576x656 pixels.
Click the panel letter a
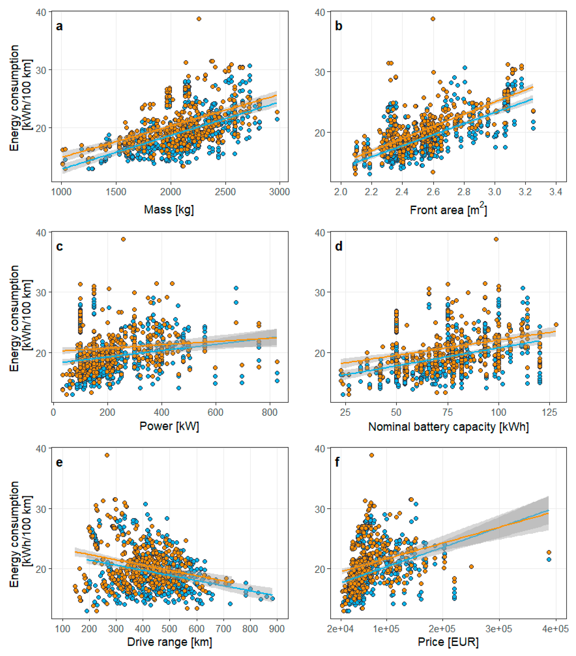59,26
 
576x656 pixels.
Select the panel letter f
337,462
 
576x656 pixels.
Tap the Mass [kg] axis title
169,210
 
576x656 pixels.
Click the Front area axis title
448,210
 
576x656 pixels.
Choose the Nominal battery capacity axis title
448,427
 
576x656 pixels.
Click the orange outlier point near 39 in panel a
199,19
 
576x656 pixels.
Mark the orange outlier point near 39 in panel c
123,239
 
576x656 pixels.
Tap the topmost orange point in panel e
107,455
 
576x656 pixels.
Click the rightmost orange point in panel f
549,552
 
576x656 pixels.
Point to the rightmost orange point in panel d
556,325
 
